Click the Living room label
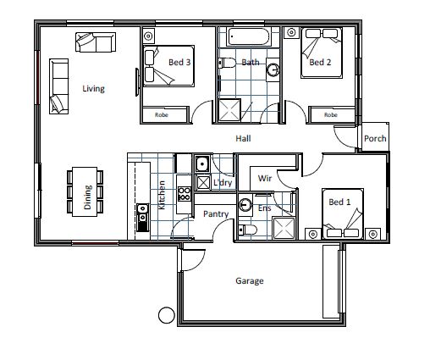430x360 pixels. [x=93, y=89]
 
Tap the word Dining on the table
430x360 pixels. [x=87, y=197]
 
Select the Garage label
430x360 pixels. [x=250, y=281]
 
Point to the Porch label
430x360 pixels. [x=375, y=138]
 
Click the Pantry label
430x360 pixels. [x=216, y=214]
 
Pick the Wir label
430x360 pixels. [x=265, y=178]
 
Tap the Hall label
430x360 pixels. [x=243, y=138]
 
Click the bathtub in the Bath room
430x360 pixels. [x=248, y=36]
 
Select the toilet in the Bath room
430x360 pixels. [x=227, y=63]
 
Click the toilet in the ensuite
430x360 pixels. [x=247, y=230]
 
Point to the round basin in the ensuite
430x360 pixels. [x=245, y=205]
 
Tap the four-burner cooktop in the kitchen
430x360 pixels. [x=184, y=194]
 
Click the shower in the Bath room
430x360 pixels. [x=229, y=110]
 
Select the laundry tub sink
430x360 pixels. [x=202, y=163]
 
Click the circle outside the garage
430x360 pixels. [x=167, y=315]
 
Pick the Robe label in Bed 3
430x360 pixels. [x=162, y=114]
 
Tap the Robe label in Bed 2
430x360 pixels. [x=331, y=114]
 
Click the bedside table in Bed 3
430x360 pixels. [x=148, y=36]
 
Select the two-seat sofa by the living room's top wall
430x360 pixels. [x=96, y=42]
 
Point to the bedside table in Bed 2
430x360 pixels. [x=291, y=32]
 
